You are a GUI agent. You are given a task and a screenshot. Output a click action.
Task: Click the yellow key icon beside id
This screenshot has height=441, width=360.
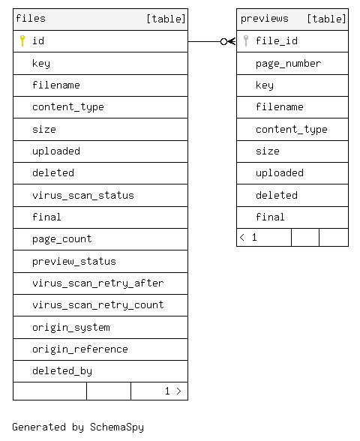(x=22, y=40)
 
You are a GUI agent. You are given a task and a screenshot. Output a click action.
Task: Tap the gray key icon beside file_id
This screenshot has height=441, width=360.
(x=246, y=40)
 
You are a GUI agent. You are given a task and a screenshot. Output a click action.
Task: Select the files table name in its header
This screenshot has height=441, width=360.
(x=31, y=19)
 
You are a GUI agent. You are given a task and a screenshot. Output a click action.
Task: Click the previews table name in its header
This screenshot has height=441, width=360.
(x=264, y=19)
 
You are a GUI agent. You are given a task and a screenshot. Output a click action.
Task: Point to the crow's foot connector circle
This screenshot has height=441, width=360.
(x=223, y=42)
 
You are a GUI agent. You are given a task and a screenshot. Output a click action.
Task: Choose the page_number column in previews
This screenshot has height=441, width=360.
(x=288, y=64)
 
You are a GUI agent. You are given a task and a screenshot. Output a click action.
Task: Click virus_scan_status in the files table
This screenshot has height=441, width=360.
(x=83, y=195)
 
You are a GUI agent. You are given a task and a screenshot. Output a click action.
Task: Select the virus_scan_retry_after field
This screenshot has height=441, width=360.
(x=97, y=283)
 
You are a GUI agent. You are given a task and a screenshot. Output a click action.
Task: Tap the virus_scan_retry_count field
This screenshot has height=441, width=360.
(x=97, y=304)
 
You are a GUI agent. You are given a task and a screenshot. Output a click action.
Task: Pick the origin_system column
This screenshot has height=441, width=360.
(x=70, y=327)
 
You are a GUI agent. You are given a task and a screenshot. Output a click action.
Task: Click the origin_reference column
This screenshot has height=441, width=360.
(x=79, y=349)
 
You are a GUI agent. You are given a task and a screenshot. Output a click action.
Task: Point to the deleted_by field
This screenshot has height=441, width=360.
(x=61, y=371)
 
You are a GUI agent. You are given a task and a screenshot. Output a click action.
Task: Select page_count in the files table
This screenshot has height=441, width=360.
(x=61, y=239)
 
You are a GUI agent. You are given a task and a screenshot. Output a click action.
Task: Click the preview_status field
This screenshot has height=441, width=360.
(x=74, y=262)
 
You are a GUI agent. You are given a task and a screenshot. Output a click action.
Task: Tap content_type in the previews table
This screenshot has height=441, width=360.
(x=291, y=129)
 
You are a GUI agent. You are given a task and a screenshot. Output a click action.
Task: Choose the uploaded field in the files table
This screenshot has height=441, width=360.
(x=56, y=151)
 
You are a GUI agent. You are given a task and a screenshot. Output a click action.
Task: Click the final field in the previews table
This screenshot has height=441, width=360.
(x=270, y=217)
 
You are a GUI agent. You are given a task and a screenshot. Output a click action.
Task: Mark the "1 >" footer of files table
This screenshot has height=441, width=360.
(x=173, y=391)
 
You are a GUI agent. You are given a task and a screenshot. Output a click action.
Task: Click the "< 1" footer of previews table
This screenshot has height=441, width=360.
(x=248, y=237)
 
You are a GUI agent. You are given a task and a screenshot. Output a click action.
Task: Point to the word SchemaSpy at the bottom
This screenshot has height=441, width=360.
(x=117, y=427)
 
